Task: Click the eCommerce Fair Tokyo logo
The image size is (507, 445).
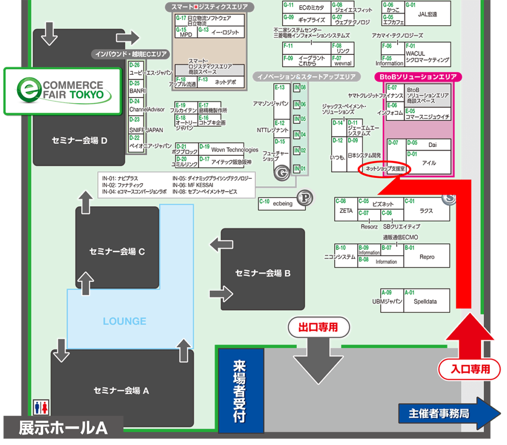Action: point(62,91)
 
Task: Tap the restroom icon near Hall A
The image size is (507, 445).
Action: point(41,407)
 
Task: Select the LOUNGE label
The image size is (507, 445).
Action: point(124,321)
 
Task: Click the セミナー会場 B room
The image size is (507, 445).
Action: point(262,273)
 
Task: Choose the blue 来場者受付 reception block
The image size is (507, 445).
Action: point(241,391)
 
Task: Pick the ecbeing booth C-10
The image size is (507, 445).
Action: point(282,203)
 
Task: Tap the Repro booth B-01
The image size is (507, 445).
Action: point(426,256)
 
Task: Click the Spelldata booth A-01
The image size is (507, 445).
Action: point(426,301)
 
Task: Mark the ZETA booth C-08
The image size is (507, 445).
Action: point(346,210)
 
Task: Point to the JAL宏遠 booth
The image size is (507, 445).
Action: point(427,14)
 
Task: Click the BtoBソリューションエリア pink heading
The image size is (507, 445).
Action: point(418,77)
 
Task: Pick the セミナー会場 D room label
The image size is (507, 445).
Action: point(79,140)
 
